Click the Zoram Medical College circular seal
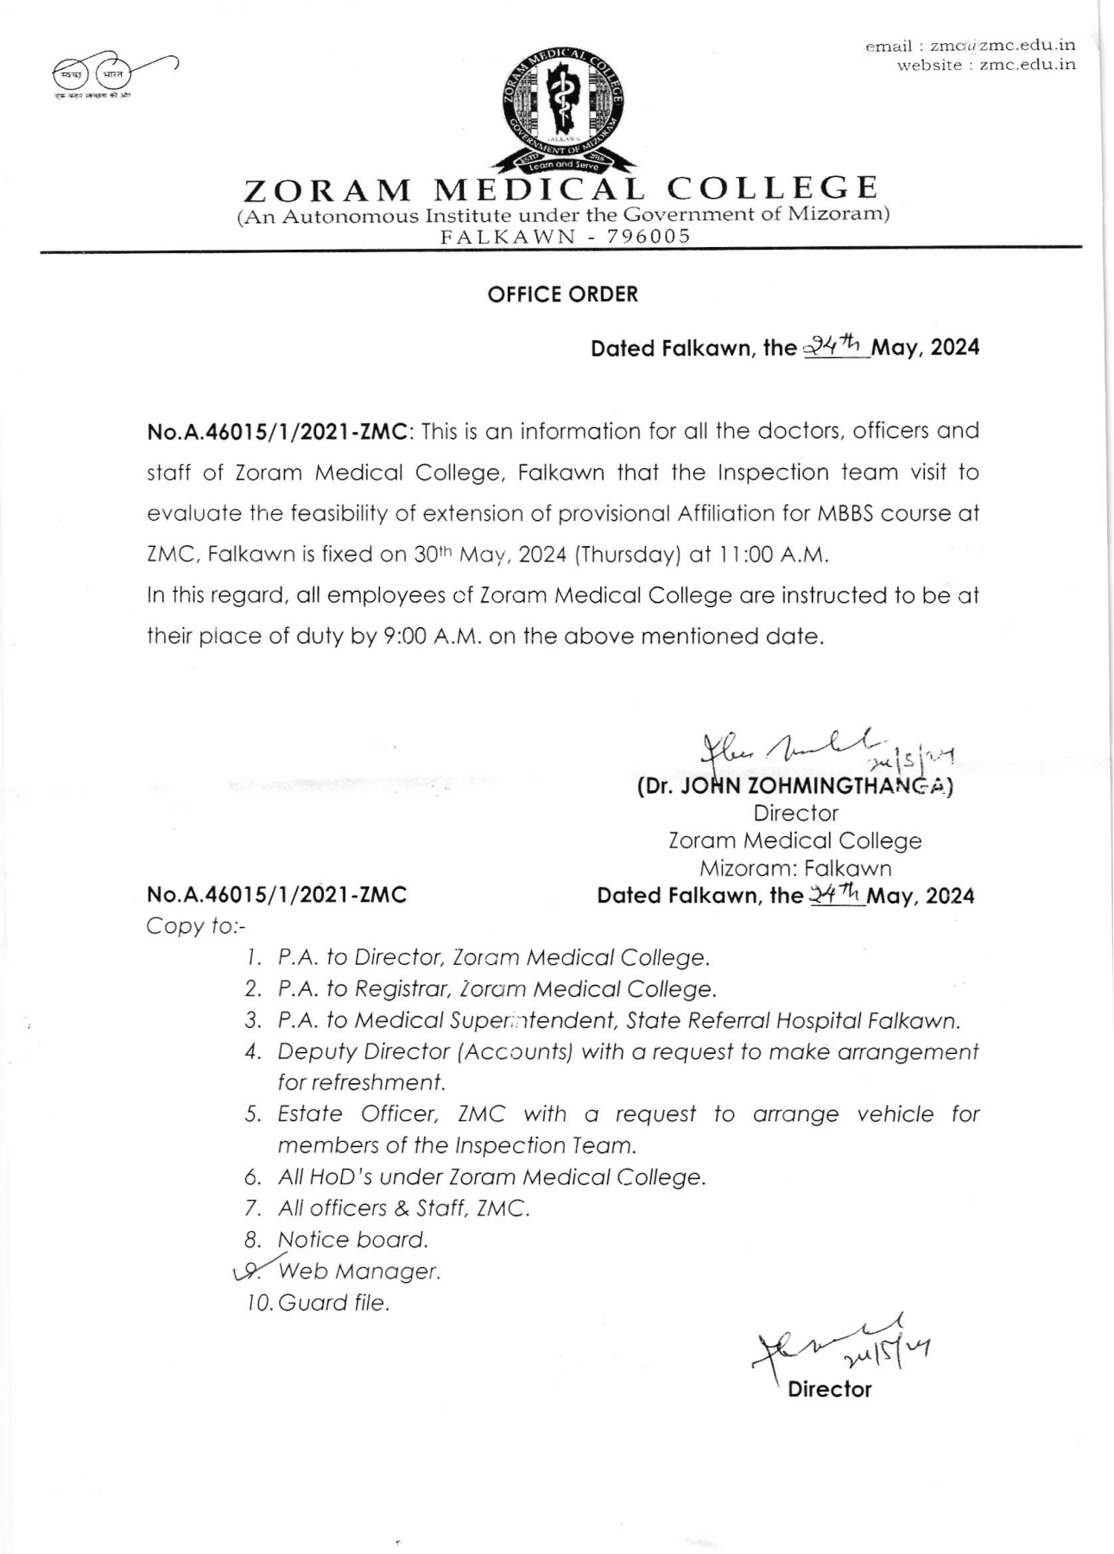click(x=563, y=111)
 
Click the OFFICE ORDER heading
click(x=562, y=295)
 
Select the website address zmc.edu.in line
click(x=986, y=65)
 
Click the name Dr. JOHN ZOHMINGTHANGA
click(x=794, y=787)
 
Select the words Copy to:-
click(x=196, y=926)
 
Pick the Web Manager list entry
click(x=359, y=1272)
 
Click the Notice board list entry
click(x=352, y=1240)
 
